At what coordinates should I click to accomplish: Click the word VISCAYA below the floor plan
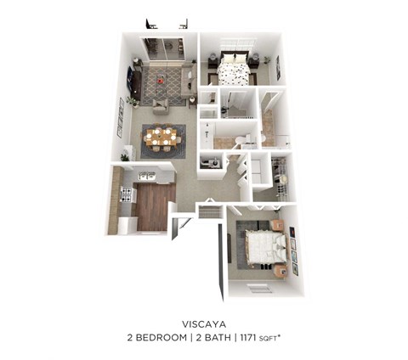[203, 323]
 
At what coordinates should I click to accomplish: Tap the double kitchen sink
[147, 175]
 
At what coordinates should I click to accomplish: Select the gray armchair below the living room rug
[160, 105]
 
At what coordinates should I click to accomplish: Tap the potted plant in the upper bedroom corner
[266, 61]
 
